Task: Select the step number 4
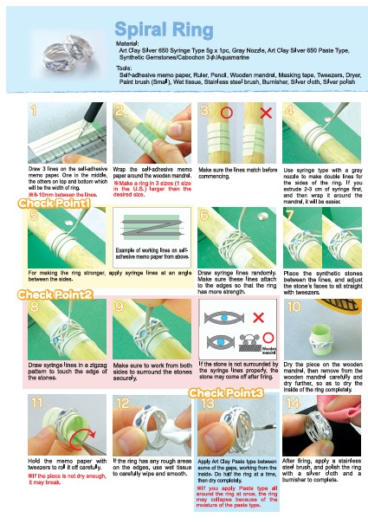pos(291,111)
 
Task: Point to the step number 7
pos(290,215)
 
